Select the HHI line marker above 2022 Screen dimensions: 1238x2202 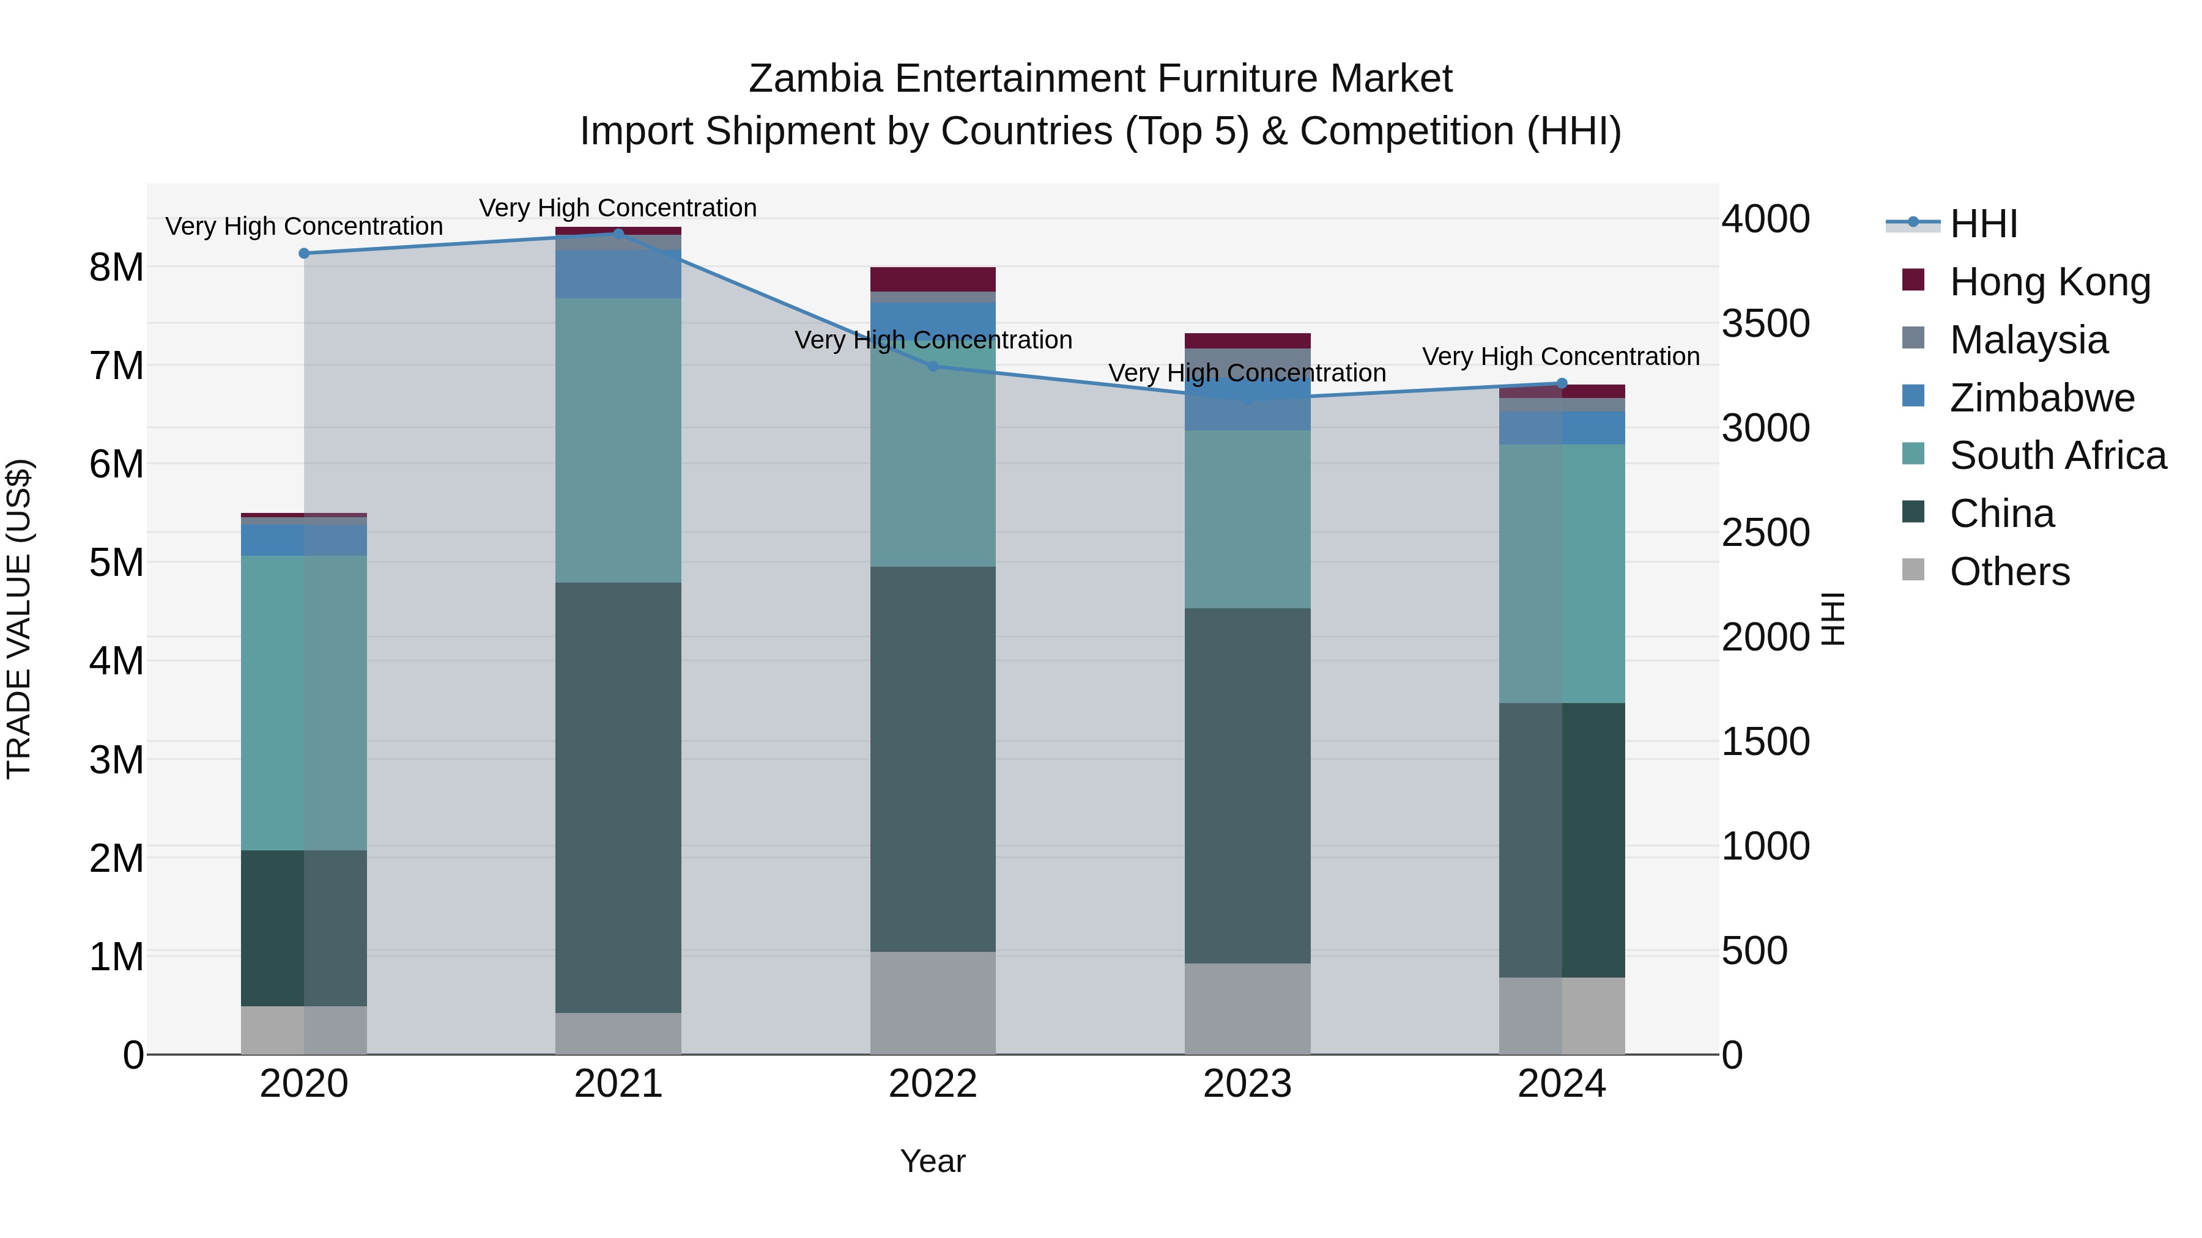(x=933, y=367)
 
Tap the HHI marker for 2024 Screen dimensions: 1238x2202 (x=1562, y=383)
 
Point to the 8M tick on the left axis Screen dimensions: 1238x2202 (x=116, y=267)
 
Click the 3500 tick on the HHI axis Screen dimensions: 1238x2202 (x=1765, y=324)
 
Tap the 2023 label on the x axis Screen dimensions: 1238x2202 (x=1247, y=1084)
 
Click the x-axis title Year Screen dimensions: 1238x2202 (x=933, y=1161)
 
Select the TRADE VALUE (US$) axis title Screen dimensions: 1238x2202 (x=20, y=619)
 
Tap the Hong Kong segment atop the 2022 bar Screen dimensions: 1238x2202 (x=933, y=279)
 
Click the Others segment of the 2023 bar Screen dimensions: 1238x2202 (x=1247, y=1008)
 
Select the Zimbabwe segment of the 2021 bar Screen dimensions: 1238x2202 (x=618, y=274)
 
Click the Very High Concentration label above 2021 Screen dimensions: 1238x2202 (x=618, y=208)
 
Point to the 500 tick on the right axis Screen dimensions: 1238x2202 (x=1754, y=951)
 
